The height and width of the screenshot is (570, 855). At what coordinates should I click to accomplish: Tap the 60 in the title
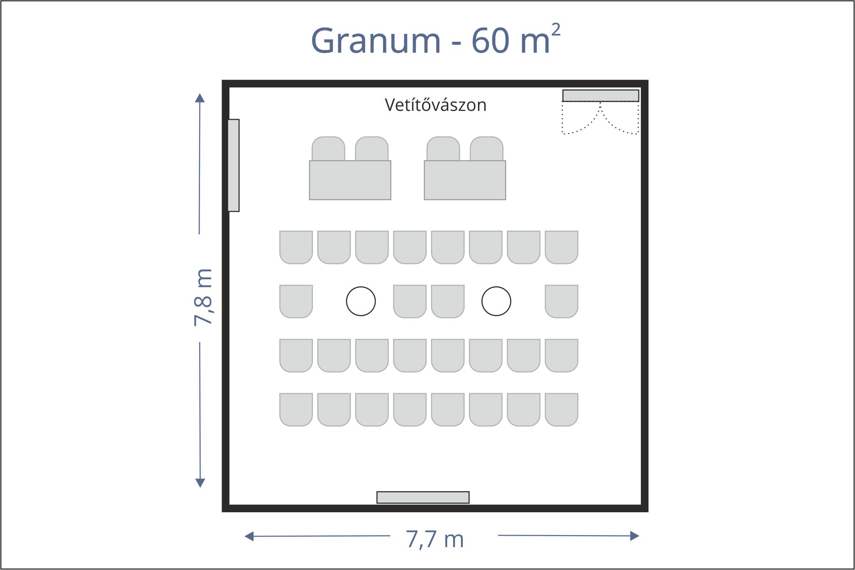[x=490, y=40]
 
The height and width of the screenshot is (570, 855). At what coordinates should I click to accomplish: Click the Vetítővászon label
[x=435, y=105]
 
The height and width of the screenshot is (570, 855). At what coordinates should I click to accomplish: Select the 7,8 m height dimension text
[x=203, y=297]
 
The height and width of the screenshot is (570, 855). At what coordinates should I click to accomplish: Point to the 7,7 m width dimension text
[x=435, y=539]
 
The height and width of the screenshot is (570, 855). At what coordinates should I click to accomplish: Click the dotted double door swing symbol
[x=600, y=118]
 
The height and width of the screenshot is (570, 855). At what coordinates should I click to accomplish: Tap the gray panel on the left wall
[x=233, y=165]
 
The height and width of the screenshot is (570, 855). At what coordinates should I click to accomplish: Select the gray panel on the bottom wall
[x=423, y=497]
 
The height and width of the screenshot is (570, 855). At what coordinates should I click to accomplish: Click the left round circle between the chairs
[x=361, y=301]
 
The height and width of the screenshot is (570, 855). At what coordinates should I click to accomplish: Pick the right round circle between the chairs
[x=496, y=301]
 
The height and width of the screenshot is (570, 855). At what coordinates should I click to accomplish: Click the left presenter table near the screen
[x=350, y=180]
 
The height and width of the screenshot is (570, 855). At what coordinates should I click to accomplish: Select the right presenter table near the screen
[x=465, y=180]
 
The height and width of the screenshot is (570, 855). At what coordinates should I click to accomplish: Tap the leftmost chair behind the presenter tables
[x=328, y=148]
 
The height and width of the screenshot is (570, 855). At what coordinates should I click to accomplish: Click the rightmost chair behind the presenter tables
[x=487, y=148]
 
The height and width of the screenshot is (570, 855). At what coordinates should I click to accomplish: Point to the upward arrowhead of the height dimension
[x=200, y=98]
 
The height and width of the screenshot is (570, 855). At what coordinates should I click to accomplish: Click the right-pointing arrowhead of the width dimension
[x=635, y=536]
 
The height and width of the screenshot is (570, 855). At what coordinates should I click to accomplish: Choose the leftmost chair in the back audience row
[x=296, y=410]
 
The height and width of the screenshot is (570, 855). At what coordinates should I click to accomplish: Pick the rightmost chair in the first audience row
[x=561, y=247]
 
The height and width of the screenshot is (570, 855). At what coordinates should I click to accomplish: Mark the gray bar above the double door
[x=601, y=95]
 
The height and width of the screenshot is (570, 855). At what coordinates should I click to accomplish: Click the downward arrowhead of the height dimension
[x=200, y=483]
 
